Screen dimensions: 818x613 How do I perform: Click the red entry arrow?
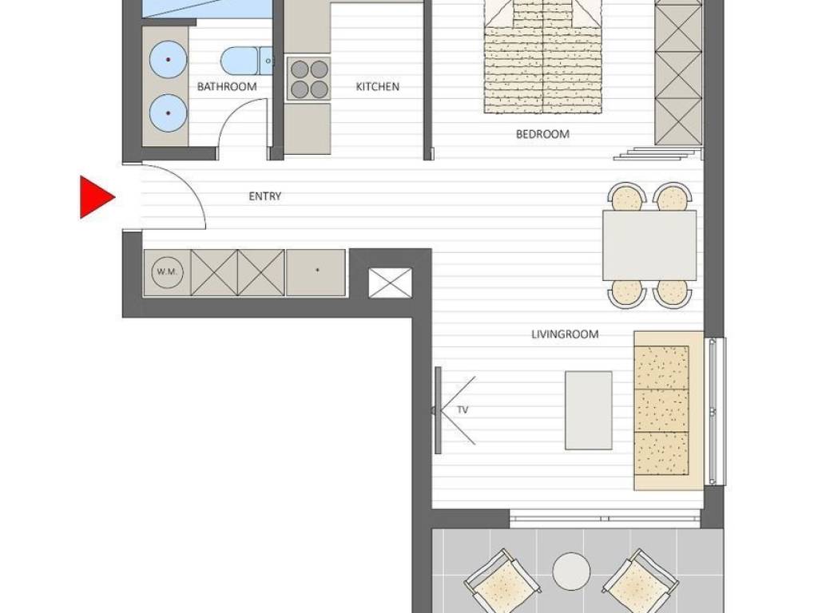pyautogui.click(x=94, y=197)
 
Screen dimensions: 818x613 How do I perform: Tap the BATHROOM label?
pyautogui.click(x=227, y=86)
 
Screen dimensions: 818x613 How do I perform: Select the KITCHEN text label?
pyautogui.click(x=378, y=86)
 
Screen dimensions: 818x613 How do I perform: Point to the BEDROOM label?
pyautogui.click(x=542, y=134)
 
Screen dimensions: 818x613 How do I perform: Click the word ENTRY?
pyautogui.click(x=265, y=196)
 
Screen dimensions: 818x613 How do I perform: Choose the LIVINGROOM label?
pyautogui.click(x=565, y=334)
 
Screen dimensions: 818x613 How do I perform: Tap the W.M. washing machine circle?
pyautogui.click(x=167, y=271)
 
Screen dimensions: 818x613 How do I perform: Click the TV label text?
pyautogui.click(x=463, y=409)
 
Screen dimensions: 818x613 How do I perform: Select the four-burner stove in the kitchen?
pyautogui.click(x=309, y=78)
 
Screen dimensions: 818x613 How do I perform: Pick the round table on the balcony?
pyautogui.click(x=571, y=570)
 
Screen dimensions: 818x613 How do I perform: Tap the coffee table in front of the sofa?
pyautogui.click(x=589, y=410)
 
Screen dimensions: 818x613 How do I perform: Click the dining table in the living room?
pyautogui.click(x=649, y=246)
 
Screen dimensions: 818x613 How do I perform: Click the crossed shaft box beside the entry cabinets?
pyautogui.click(x=390, y=283)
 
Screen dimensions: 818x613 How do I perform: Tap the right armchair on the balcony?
pyautogui.click(x=641, y=581)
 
